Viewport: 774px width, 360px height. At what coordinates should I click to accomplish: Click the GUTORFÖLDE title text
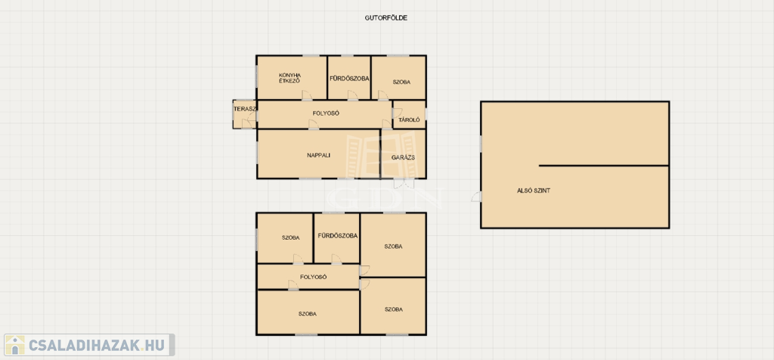pyautogui.click(x=385, y=18)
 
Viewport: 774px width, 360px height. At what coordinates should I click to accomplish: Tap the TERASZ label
pyautogui.click(x=244, y=109)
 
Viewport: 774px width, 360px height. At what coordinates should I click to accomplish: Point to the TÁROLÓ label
pyautogui.click(x=409, y=119)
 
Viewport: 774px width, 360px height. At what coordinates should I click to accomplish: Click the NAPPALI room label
pyautogui.click(x=318, y=155)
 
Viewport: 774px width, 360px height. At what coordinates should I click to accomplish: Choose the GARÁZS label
pyautogui.click(x=402, y=157)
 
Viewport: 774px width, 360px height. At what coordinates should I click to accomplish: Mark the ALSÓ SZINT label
pyautogui.click(x=533, y=190)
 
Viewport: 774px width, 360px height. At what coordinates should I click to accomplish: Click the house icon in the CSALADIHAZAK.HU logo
pyautogui.click(x=15, y=345)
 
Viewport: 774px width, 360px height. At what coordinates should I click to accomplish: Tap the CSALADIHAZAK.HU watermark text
pyautogui.click(x=98, y=346)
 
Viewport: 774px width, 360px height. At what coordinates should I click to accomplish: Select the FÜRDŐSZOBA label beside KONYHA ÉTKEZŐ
pyautogui.click(x=349, y=78)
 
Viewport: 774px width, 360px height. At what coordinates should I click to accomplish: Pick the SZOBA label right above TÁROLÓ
pyautogui.click(x=401, y=82)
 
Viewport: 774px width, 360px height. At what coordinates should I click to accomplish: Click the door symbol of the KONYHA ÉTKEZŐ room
pyautogui.click(x=306, y=95)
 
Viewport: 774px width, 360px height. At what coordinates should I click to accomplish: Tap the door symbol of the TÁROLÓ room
pyautogui.click(x=397, y=113)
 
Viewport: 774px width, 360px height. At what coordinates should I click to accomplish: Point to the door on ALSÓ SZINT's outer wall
pyautogui.click(x=476, y=197)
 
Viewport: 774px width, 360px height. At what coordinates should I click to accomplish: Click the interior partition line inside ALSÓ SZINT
pyautogui.click(x=604, y=166)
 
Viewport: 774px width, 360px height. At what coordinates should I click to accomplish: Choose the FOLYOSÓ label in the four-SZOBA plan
pyautogui.click(x=314, y=277)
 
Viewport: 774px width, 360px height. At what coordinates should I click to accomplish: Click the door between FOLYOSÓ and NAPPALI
pyautogui.click(x=313, y=125)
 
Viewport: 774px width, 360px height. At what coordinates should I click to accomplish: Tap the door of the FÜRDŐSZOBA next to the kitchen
pyautogui.click(x=352, y=95)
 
